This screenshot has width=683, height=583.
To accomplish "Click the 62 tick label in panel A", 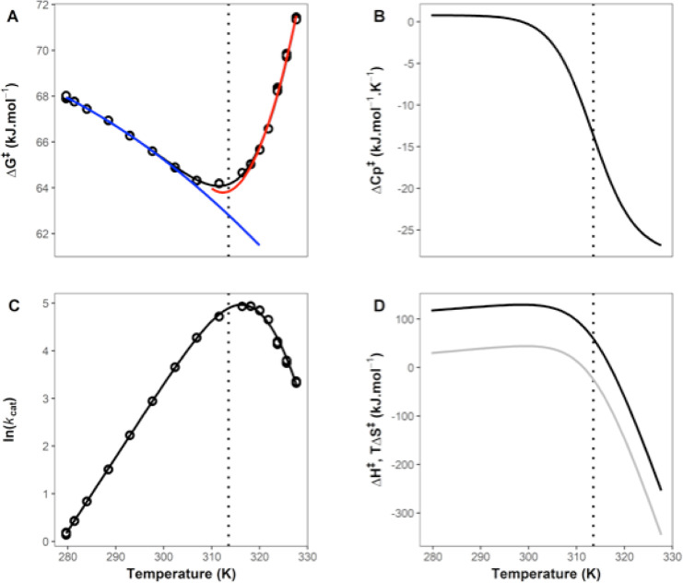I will [x=42, y=233].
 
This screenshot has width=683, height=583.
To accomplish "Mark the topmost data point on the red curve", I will [x=296, y=18].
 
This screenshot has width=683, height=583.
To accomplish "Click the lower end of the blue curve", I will [x=259, y=244].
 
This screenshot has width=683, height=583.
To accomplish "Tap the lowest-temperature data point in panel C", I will [x=66, y=533].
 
